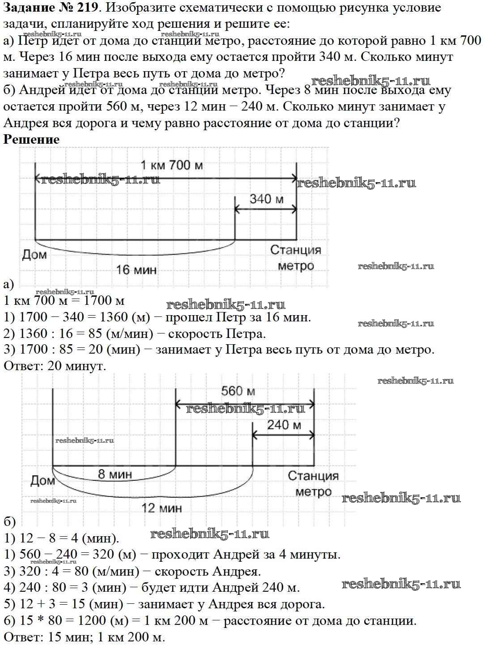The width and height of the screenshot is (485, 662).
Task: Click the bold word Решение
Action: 31,139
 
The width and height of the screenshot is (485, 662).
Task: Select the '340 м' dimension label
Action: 266,198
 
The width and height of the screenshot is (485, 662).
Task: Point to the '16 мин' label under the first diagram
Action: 136,269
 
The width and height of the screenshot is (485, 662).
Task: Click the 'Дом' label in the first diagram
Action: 34,255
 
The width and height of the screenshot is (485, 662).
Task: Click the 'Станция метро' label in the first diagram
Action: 296,258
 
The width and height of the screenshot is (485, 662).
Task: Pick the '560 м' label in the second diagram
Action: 238,391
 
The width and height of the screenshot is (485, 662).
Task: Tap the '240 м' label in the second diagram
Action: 284,424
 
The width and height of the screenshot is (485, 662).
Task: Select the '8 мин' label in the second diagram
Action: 115,474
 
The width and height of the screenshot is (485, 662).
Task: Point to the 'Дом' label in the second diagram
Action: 43,481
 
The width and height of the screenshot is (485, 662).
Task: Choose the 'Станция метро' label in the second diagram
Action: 313,484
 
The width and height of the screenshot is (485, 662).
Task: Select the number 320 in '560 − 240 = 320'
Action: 103,555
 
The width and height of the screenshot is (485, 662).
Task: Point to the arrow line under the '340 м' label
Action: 266,209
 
